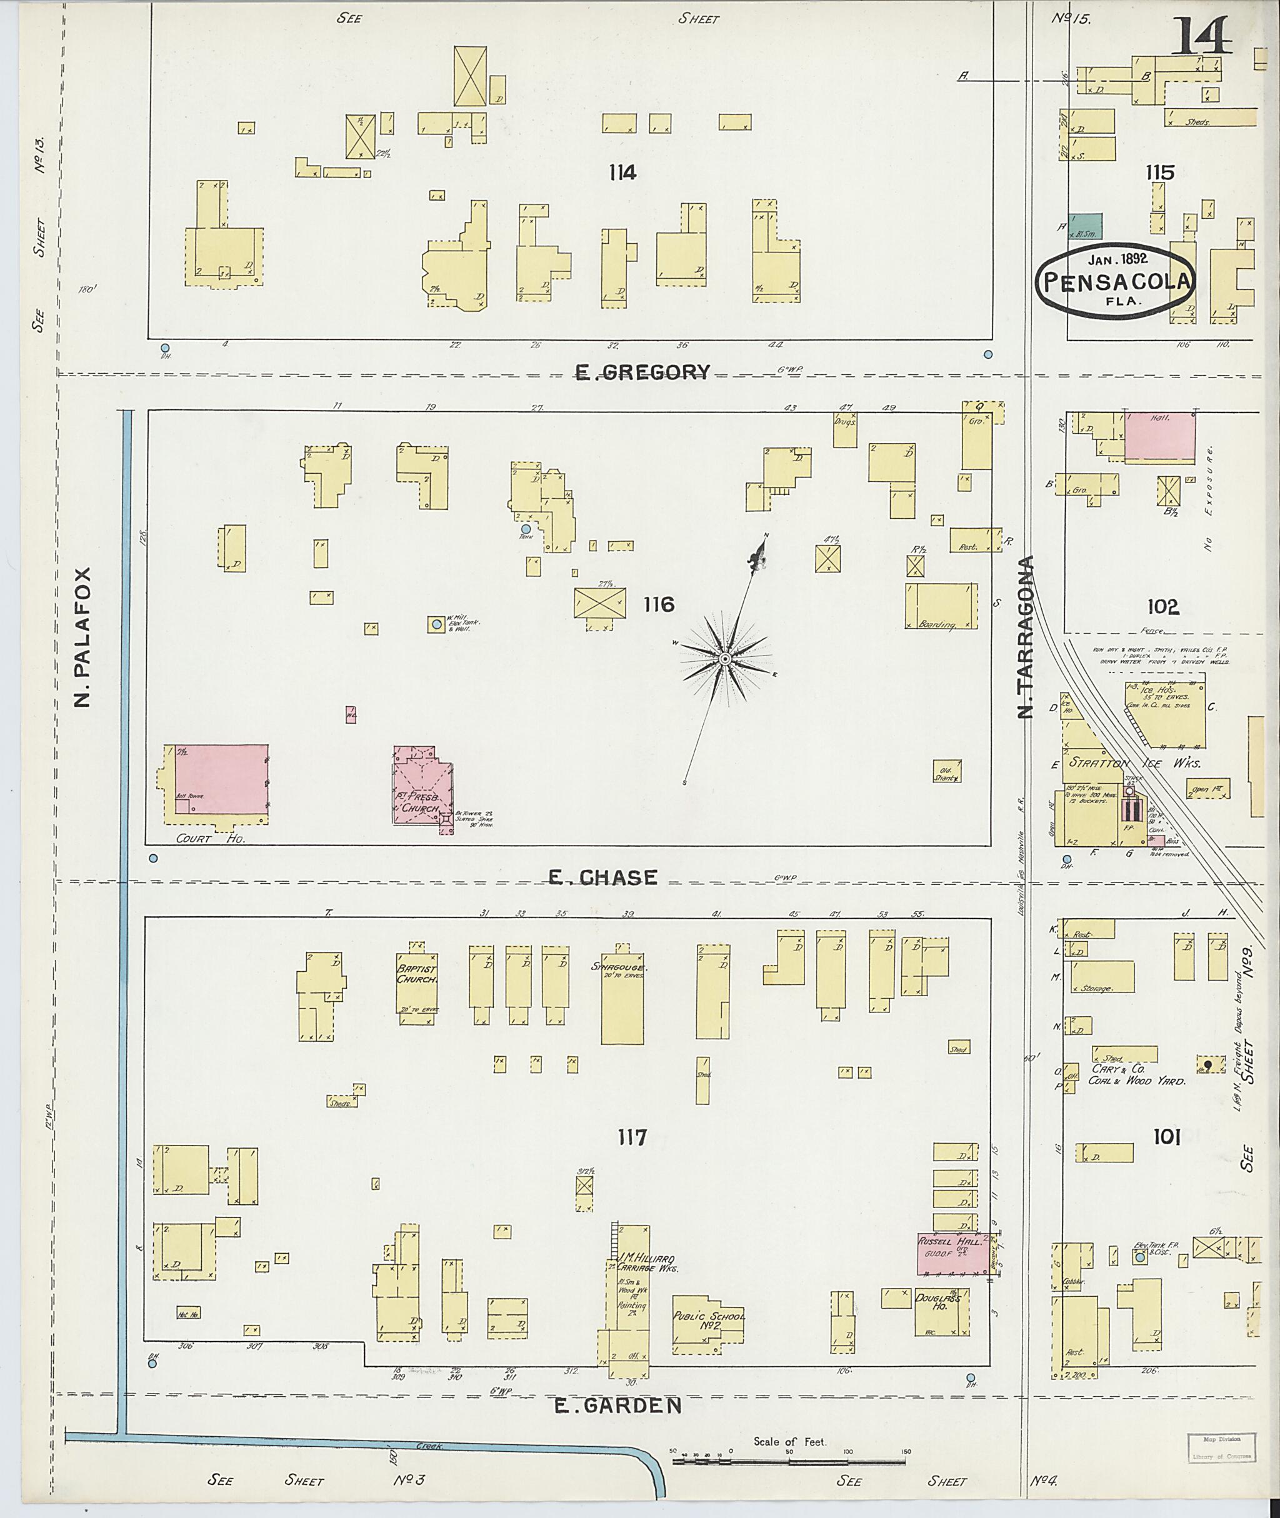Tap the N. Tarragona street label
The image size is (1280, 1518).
tap(1025, 637)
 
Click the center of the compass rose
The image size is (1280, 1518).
tap(724, 659)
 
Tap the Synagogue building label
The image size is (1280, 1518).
tap(622, 967)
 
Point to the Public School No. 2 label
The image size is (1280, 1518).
tap(707, 1321)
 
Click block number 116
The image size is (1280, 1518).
tap(658, 604)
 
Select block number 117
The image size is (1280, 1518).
tap(631, 1137)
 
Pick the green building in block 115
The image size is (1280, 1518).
tap(1085, 226)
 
